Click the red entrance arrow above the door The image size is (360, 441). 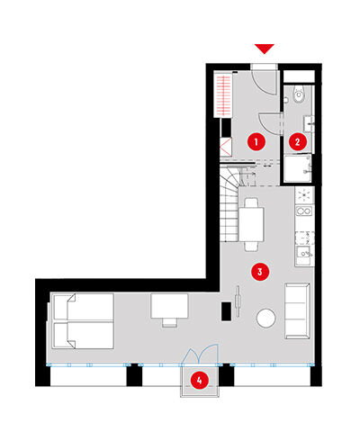265,49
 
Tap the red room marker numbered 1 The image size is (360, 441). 256,141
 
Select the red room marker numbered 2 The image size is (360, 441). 298,141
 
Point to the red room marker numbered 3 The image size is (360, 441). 260,272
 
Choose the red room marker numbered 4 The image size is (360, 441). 200,381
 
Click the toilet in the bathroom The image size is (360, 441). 299,94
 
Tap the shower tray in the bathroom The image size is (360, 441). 298,168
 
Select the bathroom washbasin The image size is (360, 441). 309,124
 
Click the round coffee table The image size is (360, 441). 265,318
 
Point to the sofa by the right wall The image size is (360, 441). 297,310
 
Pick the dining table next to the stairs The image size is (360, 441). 251,224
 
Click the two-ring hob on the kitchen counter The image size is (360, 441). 304,211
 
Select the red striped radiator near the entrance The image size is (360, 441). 223,95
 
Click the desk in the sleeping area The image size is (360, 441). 169,306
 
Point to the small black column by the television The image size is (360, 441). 226,311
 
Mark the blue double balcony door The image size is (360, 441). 200,355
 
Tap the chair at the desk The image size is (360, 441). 170,322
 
